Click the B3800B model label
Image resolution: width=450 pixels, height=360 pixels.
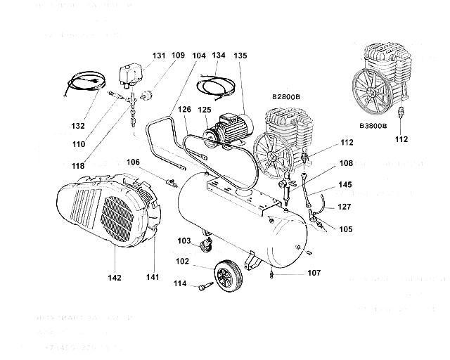372,126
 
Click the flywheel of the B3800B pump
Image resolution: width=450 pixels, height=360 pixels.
371,89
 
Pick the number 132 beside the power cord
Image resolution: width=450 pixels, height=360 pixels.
79,126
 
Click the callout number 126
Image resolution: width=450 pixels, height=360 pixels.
184,109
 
